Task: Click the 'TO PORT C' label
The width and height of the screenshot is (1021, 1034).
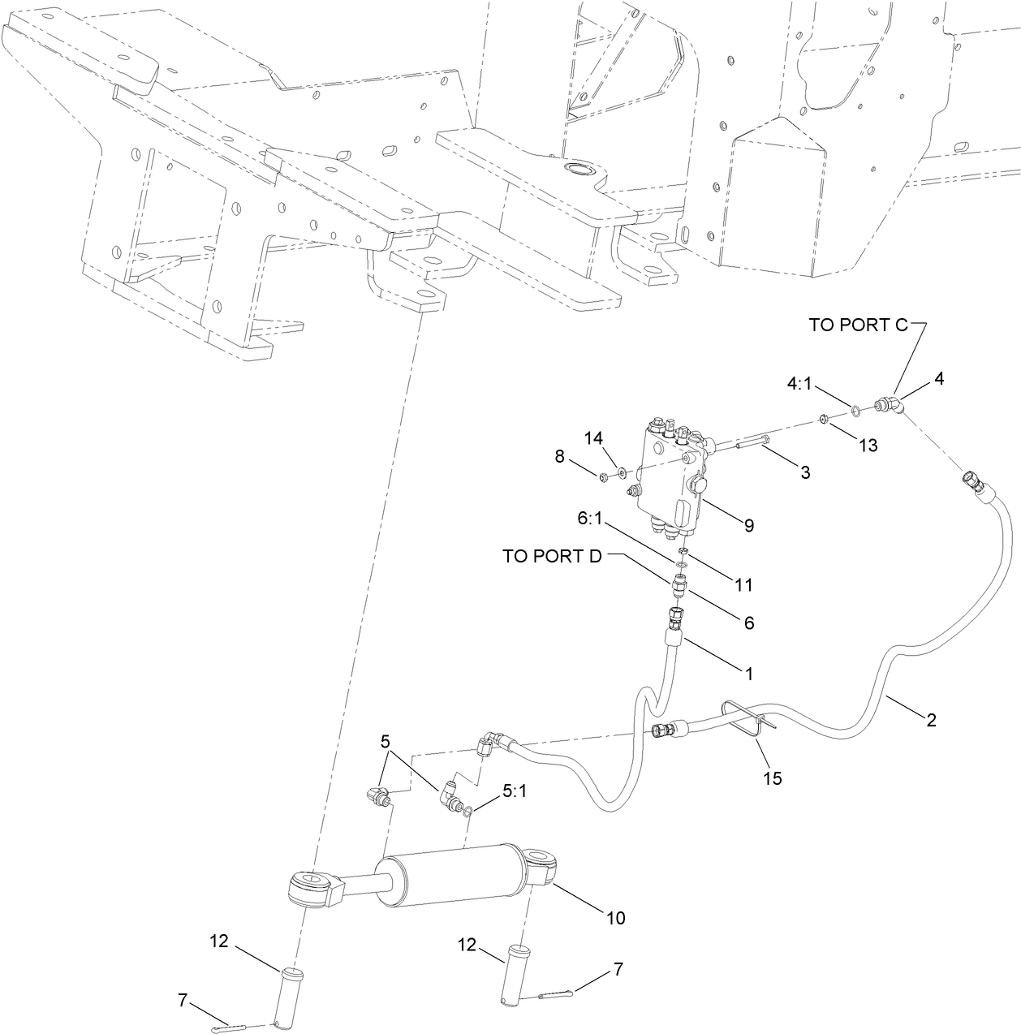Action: pos(859,325)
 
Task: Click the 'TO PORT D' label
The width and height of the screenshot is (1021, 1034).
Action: pos(553,556)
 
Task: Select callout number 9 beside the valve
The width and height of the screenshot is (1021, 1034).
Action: pos(747,525)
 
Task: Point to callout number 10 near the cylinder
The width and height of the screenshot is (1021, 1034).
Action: pos(615,918)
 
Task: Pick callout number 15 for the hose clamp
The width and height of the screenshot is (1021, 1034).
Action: pos(772,778)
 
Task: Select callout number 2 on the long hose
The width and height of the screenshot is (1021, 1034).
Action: pos(931,719)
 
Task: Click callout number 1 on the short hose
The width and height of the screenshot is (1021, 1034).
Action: pos(749,673)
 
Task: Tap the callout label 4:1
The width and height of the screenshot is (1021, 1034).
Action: pos(799,383)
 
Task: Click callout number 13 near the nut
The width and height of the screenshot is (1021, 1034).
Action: pos(868,446)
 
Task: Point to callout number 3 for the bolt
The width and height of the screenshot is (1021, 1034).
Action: pos(805,472)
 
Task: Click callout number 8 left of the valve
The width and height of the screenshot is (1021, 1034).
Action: pos(559,456)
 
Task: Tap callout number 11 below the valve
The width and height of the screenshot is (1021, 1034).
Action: pos(743,584)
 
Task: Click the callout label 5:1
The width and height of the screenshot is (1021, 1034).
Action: pos(514,791)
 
